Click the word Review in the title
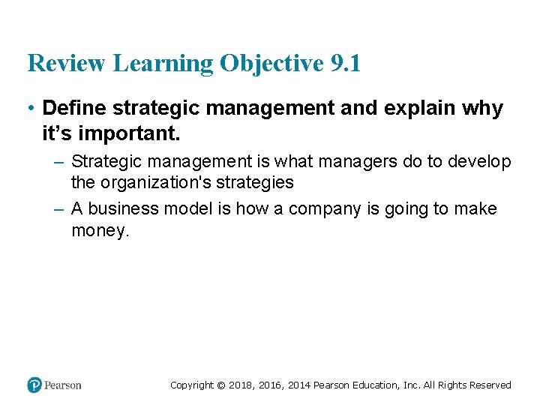click(x=67, y=64)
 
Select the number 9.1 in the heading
click(x=345, y=64)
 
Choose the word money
click(x=100, y=230)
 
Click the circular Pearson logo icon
click(x=34, y=385)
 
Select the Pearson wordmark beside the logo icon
click(x=62, y=385)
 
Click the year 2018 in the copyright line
click(x=238, y=385)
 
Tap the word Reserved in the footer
click(x=490, y=385)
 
